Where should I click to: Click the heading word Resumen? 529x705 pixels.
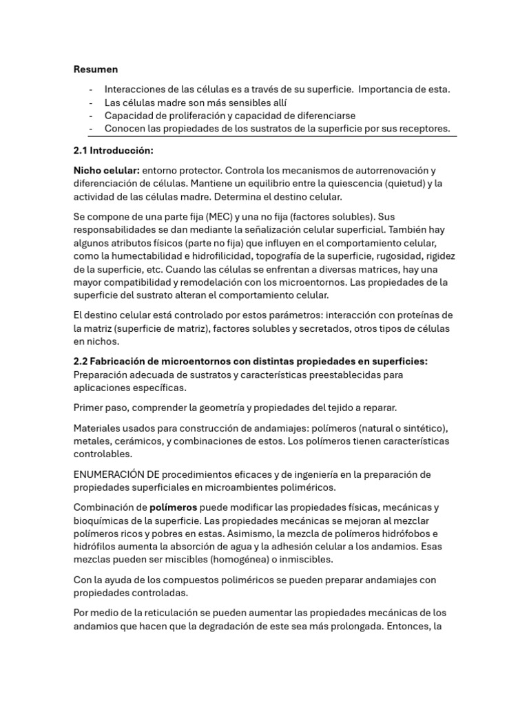[x=96, y=69]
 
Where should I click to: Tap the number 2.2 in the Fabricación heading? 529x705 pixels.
[x=82, y=361]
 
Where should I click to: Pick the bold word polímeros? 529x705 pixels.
[x=174, y=507]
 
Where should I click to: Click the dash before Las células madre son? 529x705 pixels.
[x=91, y=103]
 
